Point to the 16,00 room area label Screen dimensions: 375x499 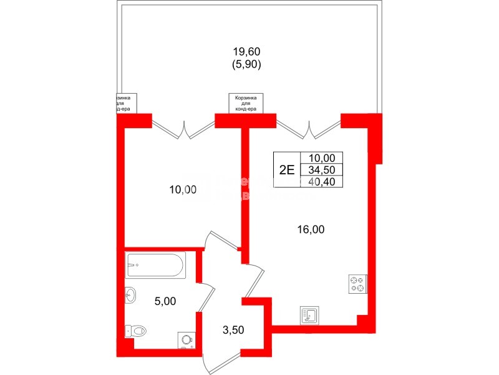coord(310,229)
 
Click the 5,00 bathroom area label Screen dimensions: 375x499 coord(165,301)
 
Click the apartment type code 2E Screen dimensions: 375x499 coord(286,169)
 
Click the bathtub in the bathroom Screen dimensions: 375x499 coord(155,265)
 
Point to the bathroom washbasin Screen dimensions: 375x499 coord(131,296)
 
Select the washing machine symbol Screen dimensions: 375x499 coord(187,339)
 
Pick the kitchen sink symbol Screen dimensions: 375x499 coord(310,315)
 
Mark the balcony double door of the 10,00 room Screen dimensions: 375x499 coord(184,129)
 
